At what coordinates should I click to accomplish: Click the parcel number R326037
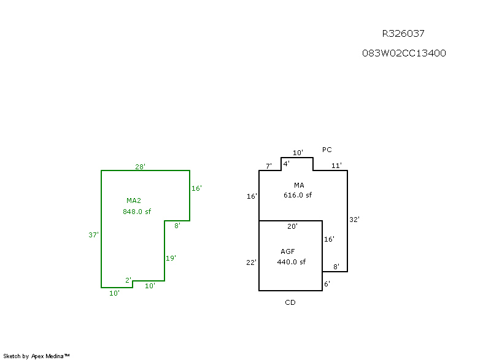pos(403,34)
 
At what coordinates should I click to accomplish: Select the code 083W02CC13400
pos(404,53)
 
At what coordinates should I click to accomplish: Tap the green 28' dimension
pos(141,167)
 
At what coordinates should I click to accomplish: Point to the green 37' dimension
pos(94,235)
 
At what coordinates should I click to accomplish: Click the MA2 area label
pos(134,201)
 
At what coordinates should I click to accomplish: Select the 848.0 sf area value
pos(137,212)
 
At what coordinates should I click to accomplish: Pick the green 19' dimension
pos(171,258)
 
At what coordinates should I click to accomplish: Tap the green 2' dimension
pos(129,280)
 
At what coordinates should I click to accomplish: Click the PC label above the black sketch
pos(327,150)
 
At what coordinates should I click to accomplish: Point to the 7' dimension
pos(268,166)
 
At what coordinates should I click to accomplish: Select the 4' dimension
pos(286,163)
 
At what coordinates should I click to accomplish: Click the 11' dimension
pos(336,166)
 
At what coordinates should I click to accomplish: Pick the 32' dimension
pos(354,220)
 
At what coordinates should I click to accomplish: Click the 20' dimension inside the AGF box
pos(293,226)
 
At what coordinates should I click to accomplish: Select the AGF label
pos(288,251)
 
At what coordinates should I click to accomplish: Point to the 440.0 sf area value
pos(291,262)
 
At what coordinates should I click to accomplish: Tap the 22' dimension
pos(252,262)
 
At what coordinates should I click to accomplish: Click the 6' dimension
pos(327,284)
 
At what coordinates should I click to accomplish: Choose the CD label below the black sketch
pos(290,302)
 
